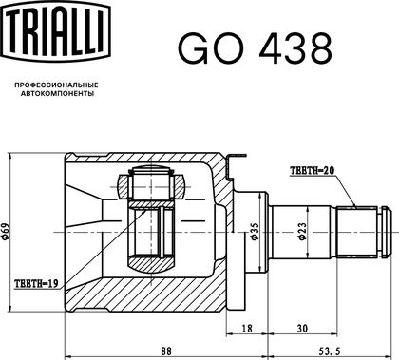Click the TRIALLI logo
point(57,31)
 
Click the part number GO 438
point(256,48)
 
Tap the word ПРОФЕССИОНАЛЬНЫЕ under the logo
point(57,85)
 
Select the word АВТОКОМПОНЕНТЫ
point(57,94)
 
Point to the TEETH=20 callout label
point(313,171)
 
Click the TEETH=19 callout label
point(36,283)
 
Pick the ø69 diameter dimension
point(6,232)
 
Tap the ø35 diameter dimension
point(255,232)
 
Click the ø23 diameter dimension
point(303,232)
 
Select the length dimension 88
point(165,351)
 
